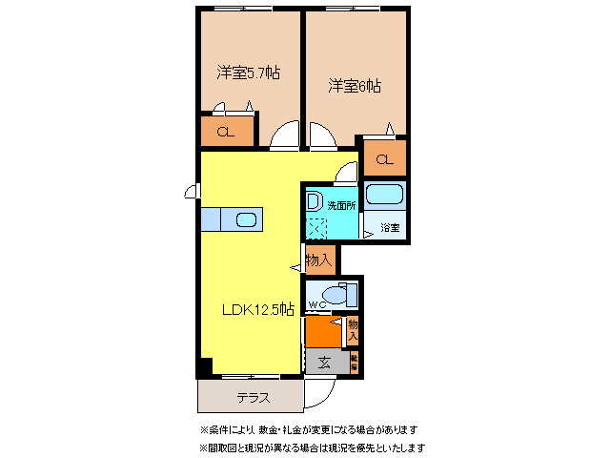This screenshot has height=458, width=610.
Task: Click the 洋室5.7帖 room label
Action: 247,72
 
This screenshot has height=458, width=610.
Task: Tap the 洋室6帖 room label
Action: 356,86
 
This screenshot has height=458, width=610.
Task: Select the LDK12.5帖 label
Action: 258,309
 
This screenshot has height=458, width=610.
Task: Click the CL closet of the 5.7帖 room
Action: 227,133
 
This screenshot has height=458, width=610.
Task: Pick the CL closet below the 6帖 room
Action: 384,159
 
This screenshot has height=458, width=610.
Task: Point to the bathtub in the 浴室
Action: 386,197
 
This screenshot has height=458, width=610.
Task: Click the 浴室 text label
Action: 390,228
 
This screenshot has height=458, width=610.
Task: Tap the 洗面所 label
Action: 341,205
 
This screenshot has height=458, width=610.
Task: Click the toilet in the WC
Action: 335,293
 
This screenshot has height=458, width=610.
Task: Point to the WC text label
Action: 316,306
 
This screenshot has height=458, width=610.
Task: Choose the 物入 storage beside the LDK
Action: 319,259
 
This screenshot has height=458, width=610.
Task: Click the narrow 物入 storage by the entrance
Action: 353,330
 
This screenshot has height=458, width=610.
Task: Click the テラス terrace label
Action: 252,398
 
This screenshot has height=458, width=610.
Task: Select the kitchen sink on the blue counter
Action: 245,219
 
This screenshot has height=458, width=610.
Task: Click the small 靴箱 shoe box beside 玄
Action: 353,363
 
